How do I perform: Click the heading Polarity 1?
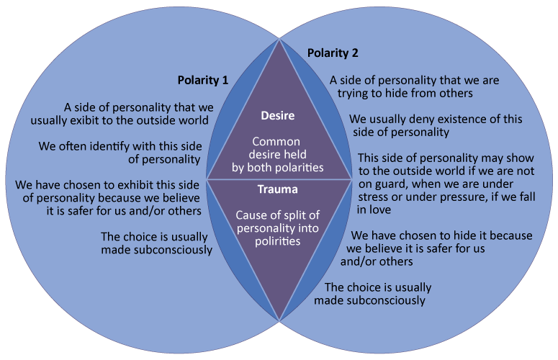pos(203,80)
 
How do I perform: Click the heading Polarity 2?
pos(333,53)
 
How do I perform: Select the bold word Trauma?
pos(278,191)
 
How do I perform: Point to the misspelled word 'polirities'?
pos(277,242)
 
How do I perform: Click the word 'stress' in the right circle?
pos(374,197)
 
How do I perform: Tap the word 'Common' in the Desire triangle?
pos(278,143)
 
